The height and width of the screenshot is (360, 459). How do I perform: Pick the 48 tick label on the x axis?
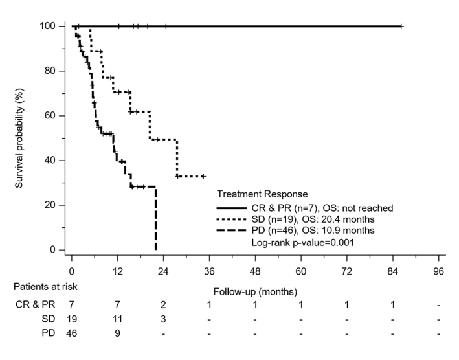pyautogui.click(x=255, y=271)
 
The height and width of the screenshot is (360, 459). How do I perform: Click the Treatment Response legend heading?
pyautogui.click(x=262, y=194)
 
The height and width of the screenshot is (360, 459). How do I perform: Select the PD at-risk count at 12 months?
pyautogui.click(x=117, y=334)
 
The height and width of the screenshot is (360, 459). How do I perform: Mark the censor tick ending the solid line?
pyautogui.click(x=401, y=26)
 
